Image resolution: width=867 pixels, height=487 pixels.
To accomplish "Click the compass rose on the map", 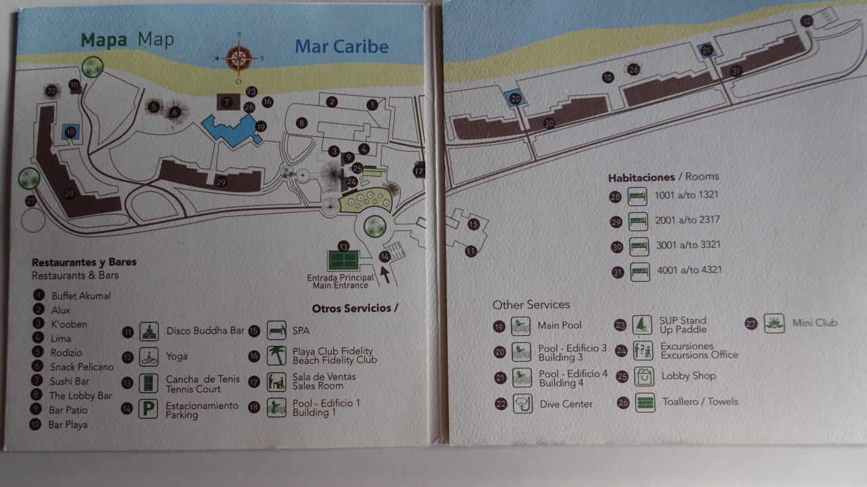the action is click(x=238, y=58).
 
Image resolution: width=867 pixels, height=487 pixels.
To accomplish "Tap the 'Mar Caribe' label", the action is click(x=341, y=47).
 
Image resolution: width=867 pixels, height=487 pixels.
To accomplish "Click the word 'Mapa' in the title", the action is click(x=104, y=39).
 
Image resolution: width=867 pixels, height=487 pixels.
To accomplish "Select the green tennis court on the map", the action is click(x=343, y=259).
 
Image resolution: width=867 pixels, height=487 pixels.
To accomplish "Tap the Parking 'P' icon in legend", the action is click(x=148, y=409).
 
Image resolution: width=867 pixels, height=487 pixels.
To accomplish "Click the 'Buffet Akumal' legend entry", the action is click(x=81, y=296).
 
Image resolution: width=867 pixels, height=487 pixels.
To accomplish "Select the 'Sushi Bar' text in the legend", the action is click(x=69, y=381).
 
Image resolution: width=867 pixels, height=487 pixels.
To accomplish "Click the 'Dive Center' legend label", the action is click(x=566, y=404).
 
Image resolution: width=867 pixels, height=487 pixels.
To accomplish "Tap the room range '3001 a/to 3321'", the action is click(x=687, y=245).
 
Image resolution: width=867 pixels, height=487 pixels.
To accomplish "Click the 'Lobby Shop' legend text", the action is click(x=688, y=376).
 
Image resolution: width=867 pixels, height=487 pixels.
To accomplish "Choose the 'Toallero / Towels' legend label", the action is click(x=700, y=402).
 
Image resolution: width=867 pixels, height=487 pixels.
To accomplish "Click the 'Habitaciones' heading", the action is click(x=641, y=177).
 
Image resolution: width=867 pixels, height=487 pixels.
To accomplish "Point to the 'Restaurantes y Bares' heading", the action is click(x=84, y=262).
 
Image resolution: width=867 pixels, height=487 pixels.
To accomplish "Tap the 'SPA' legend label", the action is click(x=301, y=331).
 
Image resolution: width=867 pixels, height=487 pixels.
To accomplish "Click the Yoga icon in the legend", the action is click(x=148, y=356).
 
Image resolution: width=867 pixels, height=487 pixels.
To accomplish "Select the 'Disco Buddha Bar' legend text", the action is click(x=205, y=331).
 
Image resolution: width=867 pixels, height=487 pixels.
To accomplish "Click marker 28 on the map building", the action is click(x=69, y=194).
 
